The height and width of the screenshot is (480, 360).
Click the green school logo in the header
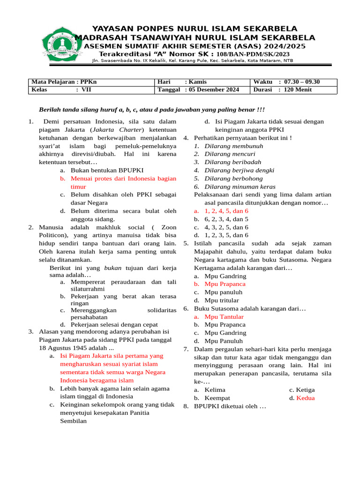60,44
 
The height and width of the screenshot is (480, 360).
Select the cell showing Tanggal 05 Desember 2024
199,90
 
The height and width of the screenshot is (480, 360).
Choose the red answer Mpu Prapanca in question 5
225,284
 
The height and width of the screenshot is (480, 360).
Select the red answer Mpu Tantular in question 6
224,317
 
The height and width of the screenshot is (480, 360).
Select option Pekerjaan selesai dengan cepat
114,324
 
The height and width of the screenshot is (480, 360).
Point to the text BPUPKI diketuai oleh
230,406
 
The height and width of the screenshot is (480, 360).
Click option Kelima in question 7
215,390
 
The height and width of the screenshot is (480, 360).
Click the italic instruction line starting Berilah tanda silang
151,110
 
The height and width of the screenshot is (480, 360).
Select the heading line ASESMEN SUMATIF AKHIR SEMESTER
195,46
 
